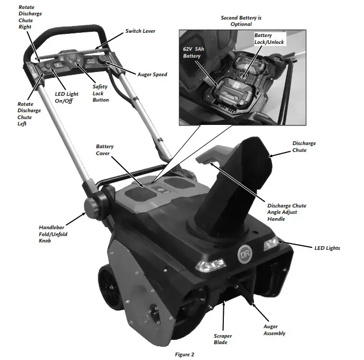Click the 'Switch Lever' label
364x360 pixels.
pyautogui.click(x=141, y=31)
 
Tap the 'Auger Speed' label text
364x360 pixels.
pyautogui.click(x=152, y=75)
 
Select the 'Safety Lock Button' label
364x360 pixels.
pyautogui.click(x=100, y=93)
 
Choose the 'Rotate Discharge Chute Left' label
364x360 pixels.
pyautogui.click(x=29, y=114)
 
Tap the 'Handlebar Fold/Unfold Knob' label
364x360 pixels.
pyautogui.click(x=53, y=233)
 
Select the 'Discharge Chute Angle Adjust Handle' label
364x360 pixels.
pyautogui.click(x=287, y=212)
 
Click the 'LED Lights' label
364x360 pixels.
pyautogui.click(x=326, y=248)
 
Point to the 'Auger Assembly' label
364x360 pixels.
pyautogui.click(x=274, y=330)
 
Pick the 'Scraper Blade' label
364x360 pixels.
pyautogui.click(x=222, y=339)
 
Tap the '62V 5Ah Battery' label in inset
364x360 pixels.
pyautogui.click(x=193, y=52)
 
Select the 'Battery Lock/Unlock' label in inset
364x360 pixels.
pyautogui.click(x=269, y=39)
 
